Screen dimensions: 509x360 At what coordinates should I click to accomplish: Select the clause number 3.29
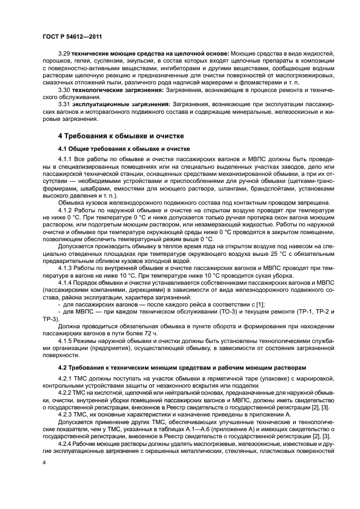(x=64, y=56)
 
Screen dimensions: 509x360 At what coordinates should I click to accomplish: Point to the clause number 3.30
(x=64, y=89)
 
